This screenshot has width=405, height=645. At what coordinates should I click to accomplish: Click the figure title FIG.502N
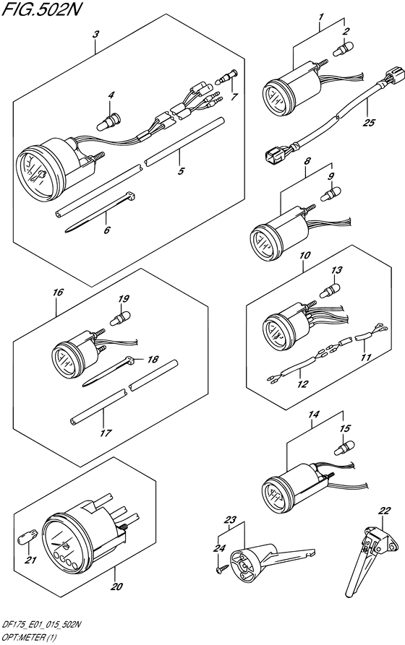pos(39,9)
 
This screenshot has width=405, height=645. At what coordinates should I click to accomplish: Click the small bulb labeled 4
pos(108,121)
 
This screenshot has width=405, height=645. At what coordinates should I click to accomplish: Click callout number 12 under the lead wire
pos(302,384)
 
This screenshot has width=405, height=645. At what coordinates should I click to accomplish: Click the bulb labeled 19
pos(119,318)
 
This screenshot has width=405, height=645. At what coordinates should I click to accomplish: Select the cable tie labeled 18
pos(109,371)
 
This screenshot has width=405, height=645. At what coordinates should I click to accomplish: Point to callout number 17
pos(106,433)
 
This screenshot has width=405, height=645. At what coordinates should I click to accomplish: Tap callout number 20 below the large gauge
pos(117,586)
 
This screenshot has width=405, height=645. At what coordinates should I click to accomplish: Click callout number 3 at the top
pos(95,35)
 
